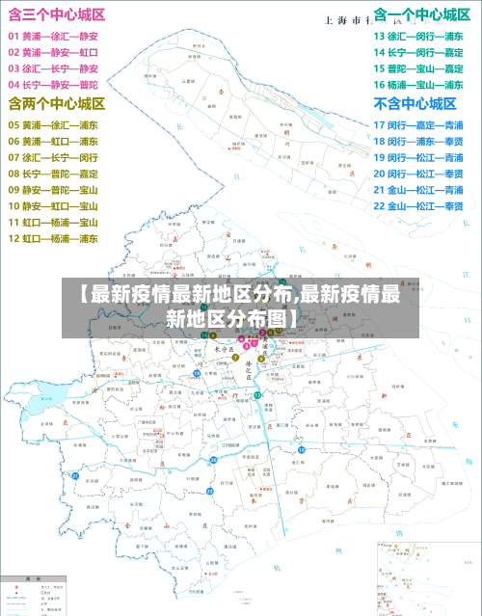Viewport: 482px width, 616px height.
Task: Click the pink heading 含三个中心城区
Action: pos(57,14)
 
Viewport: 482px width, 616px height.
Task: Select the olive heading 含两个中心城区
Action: pos(57,103)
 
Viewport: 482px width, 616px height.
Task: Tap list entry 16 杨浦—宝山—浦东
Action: pos(418,85)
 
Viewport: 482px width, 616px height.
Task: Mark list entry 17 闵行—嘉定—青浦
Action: pos(418,125)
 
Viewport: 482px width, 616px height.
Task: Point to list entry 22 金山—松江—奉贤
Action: pos(418,206)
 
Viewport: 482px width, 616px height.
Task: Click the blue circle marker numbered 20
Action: pos(212,461)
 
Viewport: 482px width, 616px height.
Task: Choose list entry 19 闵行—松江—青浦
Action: pos(418,157)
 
